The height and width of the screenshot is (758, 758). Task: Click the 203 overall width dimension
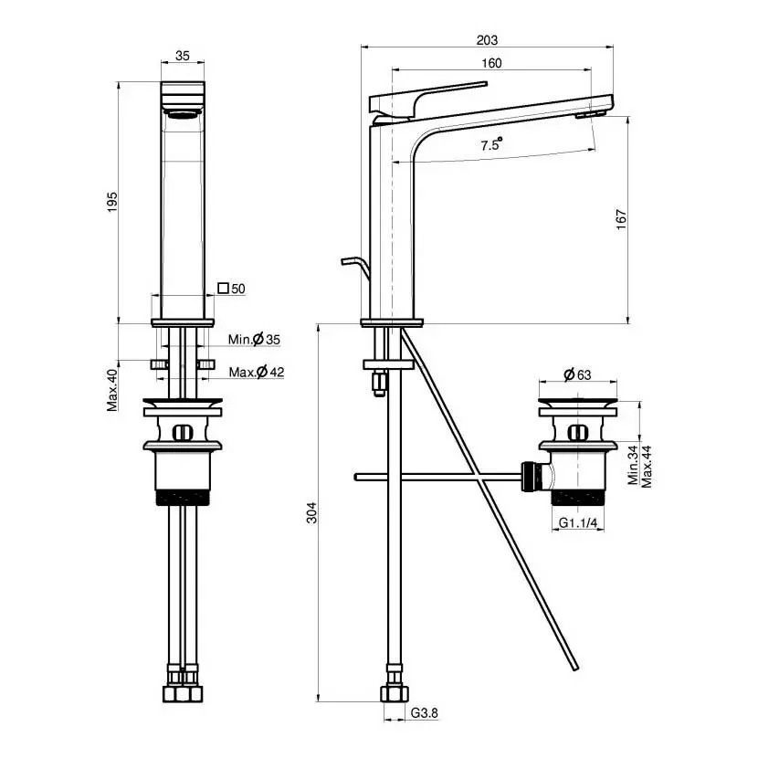(x=487, y=40)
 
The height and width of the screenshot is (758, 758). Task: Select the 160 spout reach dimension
(x=491, y=63)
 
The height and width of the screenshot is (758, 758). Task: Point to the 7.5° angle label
(x=491, y=144)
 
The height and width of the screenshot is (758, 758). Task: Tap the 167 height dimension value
(x=622, y=219)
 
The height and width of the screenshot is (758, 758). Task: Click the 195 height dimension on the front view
(x=112, y=203)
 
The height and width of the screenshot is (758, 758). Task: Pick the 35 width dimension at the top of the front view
(x=183, y=56)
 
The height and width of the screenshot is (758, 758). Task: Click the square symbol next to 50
(x=223, y=288)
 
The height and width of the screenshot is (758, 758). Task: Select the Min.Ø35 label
(x=254, y=340)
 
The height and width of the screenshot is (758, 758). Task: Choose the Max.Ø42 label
(x=257, y=373)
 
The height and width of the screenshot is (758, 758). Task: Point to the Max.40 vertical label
(x=112, y=390)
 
